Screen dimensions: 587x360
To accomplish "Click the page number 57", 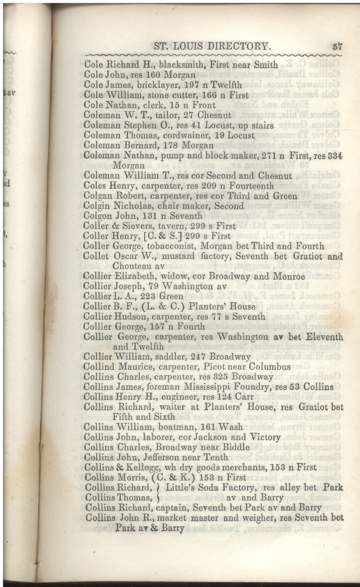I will [x=337, y=47].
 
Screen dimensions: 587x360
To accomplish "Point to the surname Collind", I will [x=103, y=367].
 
